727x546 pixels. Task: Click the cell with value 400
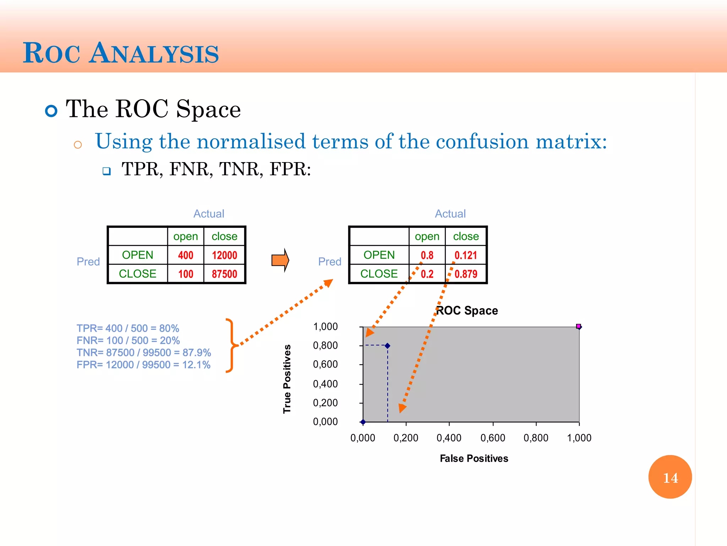coord(186,255)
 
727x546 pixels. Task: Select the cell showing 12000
coord(224,255)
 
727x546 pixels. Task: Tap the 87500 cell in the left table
coord(224,274)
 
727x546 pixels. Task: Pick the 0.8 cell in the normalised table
coord(427,255)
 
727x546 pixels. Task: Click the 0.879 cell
coord(466,274)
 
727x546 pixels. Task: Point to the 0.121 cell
coord(466,255)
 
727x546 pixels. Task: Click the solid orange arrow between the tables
coord(280,260)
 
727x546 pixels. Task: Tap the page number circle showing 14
coord(670,477)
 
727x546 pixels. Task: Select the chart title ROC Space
coord(467,311)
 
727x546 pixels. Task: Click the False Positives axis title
coord(474,459)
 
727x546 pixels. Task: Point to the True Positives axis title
coord(287,379)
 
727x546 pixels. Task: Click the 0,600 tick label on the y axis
coord(325,364)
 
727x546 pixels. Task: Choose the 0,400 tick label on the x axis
coord(449,438)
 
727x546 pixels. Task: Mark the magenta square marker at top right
coord(578,326)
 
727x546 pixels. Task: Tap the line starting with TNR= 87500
coord(144,353)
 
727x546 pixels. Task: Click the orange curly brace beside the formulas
coord(231,345)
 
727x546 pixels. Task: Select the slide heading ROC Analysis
coord(121,53)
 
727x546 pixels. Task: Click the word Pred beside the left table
coord(88,262)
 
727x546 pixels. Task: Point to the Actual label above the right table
coord(450,214)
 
